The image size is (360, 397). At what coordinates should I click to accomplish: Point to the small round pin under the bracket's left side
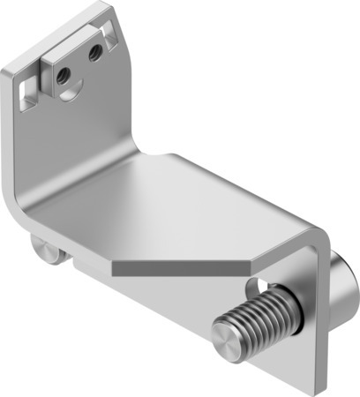(x=42, y=249)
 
